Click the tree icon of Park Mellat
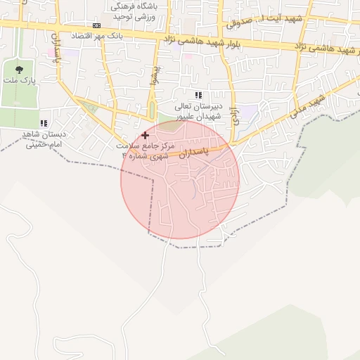click(18, 69)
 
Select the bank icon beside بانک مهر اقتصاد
click(96, 25)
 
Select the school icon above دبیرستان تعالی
click(198, 95)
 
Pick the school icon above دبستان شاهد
click(44, 123)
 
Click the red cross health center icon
click(145, 134)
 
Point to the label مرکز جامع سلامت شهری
click(145, 150)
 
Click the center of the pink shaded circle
click(180, 179)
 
